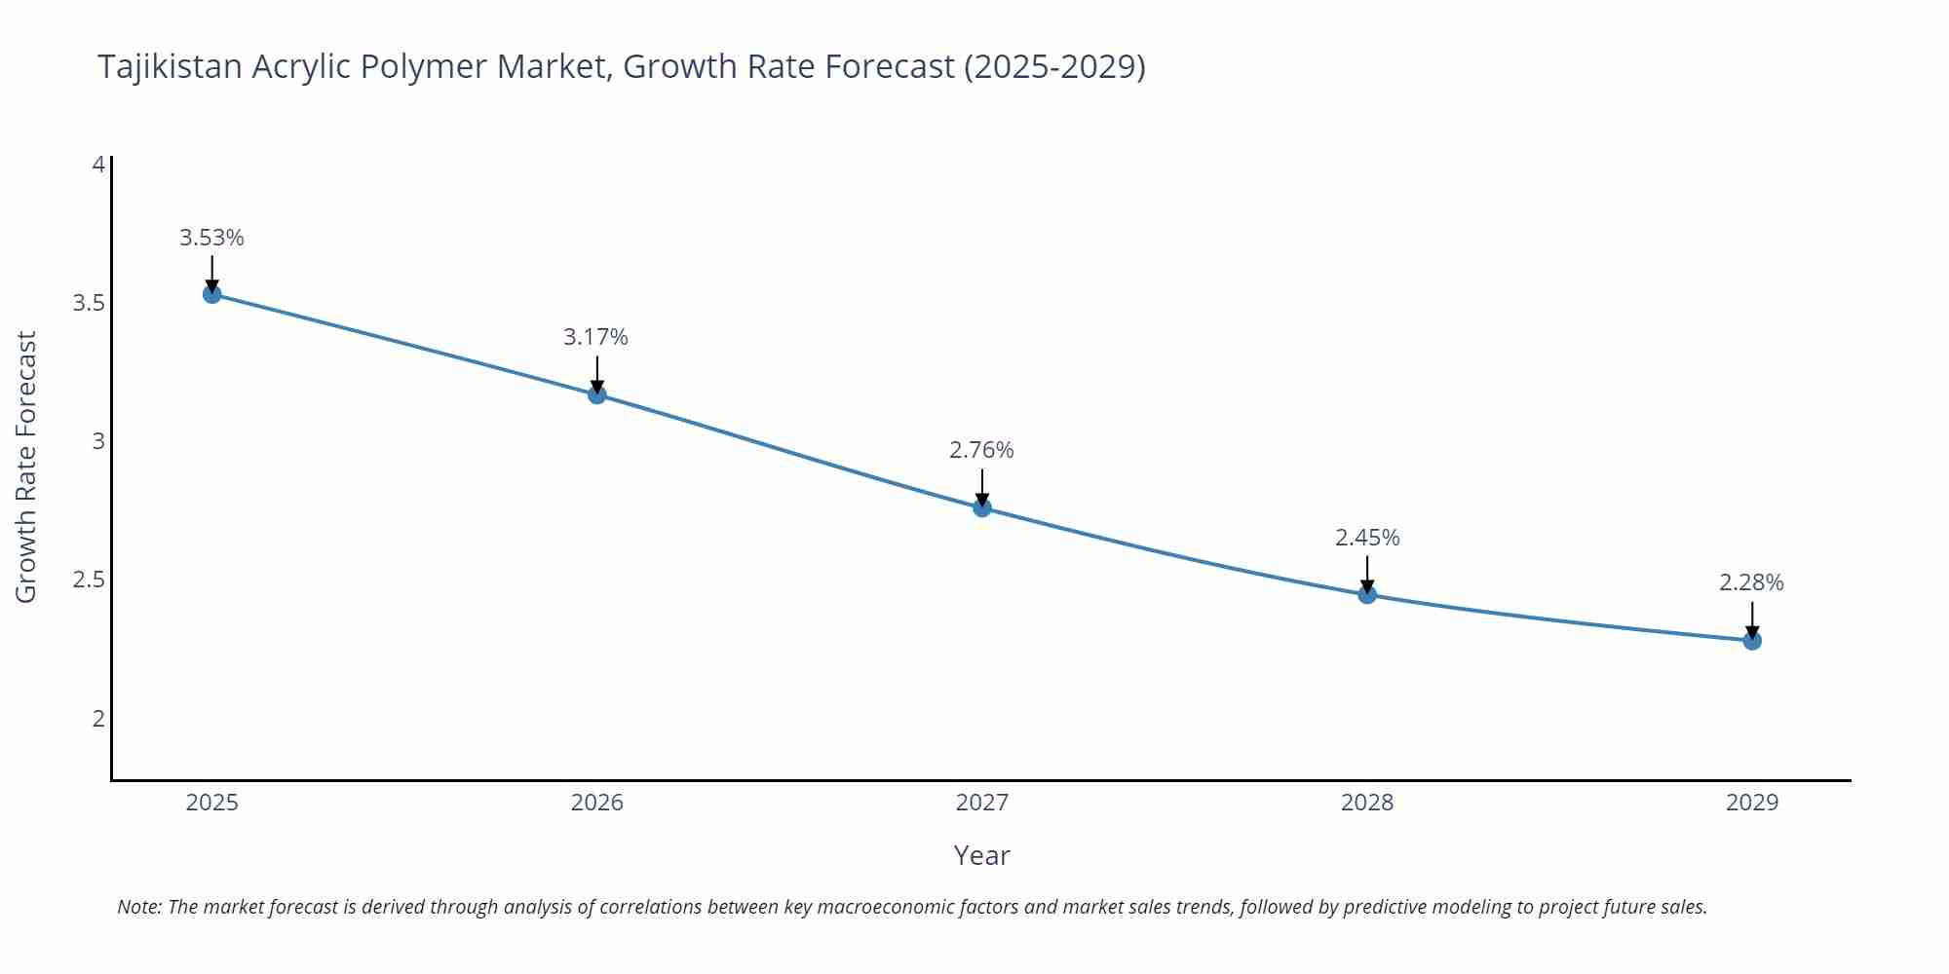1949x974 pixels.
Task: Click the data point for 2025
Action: (x=212, y=294)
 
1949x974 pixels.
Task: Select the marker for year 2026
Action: (x=597, y=394)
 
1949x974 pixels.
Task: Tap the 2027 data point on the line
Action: (x=982, y=507)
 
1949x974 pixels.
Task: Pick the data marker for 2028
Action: (x=1367, y=594)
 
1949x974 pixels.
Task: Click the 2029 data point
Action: (x=1752, y=641)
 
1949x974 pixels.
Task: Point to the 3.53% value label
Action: (x=211, y=238)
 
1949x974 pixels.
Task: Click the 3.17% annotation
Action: (x=595, y=337)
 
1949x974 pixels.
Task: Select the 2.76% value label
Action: (x=981, y=450)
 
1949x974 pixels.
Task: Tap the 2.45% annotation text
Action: (x=1367, y=538)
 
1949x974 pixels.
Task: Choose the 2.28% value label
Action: (x=1751, y=582)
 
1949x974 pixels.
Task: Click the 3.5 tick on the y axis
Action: (x=89, y=303)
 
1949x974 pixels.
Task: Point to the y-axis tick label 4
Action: (x=98, y=165)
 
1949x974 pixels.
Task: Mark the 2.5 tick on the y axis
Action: (x=89, y=581)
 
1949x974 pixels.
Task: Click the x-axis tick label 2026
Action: (x=596, y=803)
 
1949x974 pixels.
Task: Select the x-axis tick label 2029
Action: (x=1751, y=803)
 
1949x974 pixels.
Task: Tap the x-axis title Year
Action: (x=981, y=855)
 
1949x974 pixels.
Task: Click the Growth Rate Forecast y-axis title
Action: (x=26, y=467)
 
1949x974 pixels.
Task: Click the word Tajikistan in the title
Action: (x=170, y=66)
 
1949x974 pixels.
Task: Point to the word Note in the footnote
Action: (x=138, y=907)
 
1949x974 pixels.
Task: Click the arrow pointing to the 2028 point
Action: (x=1367, y=573)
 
